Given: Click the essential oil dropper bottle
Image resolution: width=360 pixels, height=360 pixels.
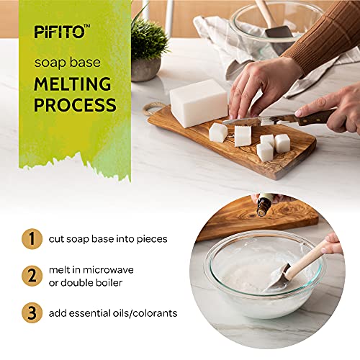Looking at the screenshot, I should tap(264, 204).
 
